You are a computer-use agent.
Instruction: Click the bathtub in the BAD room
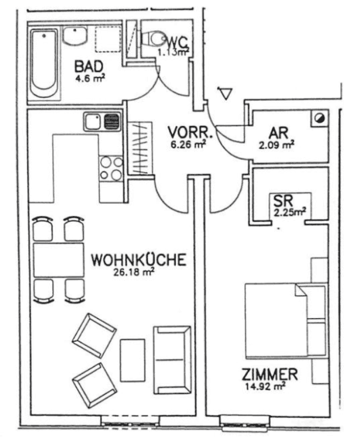pos(45,63)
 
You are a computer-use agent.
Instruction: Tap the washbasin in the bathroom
pos(74,36)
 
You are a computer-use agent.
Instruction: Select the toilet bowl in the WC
pos(154,39)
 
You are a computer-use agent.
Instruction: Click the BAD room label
pos(89,67)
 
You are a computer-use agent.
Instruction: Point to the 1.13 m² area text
pos(173,52)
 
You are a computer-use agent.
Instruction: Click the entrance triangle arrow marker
pos(225,94)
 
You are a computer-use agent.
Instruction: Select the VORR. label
pos(190,132)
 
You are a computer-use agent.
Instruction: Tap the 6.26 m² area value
pos(188,144)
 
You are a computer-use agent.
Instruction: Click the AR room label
pos(278,132)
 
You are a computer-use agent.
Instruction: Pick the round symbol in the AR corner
pos(320,118)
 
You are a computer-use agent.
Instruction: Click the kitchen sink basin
pos(93,121)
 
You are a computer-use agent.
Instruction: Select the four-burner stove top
pos(111,169)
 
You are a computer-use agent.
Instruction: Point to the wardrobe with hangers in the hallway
pos(140,148)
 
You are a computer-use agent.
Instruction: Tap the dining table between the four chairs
pos(59,260)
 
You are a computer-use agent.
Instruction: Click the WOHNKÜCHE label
pos(139,260)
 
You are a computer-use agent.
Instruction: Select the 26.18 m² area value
pos(134,272)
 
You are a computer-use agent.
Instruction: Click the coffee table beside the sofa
pos(132,360)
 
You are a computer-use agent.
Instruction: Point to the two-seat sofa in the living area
pos(172,360)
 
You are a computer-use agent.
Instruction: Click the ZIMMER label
pos(270,374)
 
